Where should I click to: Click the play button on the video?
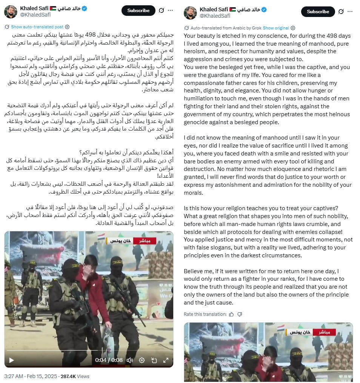[x=11, y=360]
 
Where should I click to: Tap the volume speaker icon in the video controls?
[x=129, y=360]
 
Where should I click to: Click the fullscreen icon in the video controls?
[x=166, y=360]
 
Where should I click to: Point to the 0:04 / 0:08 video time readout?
[x=109, y=360]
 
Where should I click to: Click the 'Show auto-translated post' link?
[x=37, y=27]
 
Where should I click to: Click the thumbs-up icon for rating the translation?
[x=231, y=314]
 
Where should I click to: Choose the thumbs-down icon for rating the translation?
[x=240, y=314]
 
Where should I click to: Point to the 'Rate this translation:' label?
[x=205, y=314]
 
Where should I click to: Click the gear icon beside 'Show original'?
[x=293, y=28]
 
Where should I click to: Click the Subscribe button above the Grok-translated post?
[x=318, y=11]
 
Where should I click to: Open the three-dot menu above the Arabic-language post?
[x=170, y=10]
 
